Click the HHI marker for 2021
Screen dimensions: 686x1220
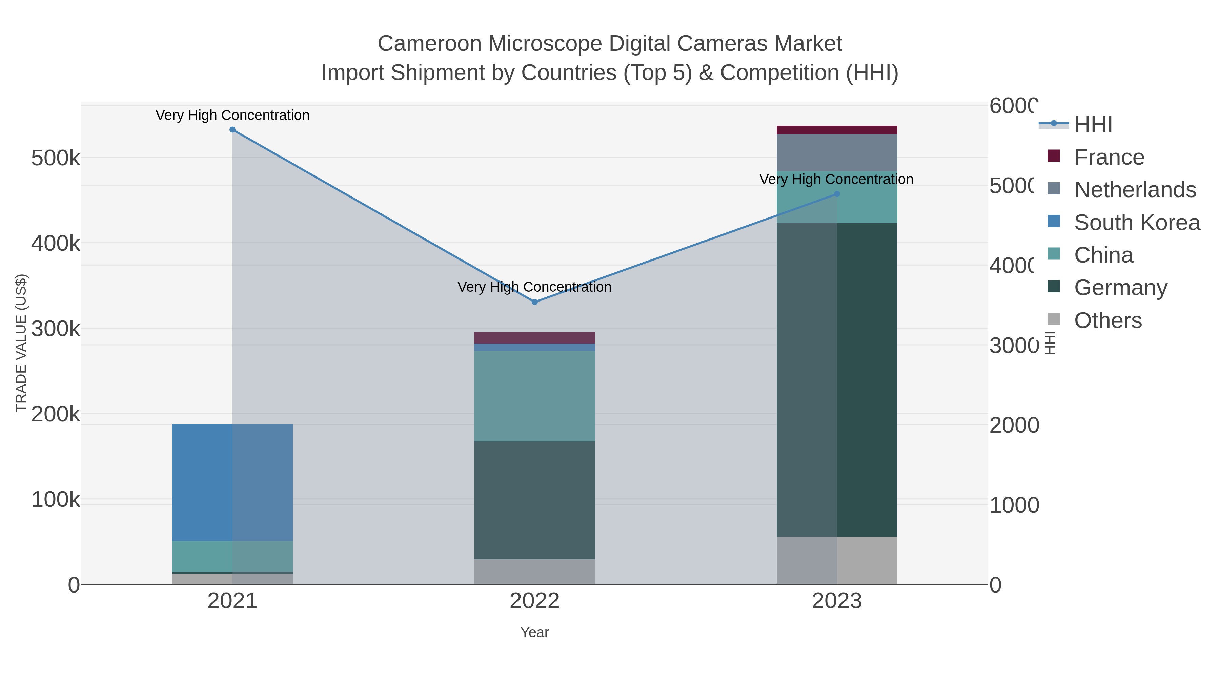point(232,130)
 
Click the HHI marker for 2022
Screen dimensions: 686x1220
point(535,302)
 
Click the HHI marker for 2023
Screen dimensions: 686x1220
point(837,194)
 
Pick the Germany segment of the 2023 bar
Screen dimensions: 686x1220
point(837,379)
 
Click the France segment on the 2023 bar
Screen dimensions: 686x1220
point(837,130)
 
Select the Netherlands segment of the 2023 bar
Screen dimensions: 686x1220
point(837,152)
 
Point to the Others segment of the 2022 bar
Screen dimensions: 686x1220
point(535,571)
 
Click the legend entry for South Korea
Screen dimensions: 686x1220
point(1137,223)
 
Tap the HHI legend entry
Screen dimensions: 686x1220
point(1093,125)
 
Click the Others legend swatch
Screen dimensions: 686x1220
point(1054,319)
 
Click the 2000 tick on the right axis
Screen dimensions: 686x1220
point(1014,425)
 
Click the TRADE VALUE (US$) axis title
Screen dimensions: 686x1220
point(21,343)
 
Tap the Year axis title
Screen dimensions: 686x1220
point(535,632)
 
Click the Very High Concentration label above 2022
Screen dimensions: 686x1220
point(535,287)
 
